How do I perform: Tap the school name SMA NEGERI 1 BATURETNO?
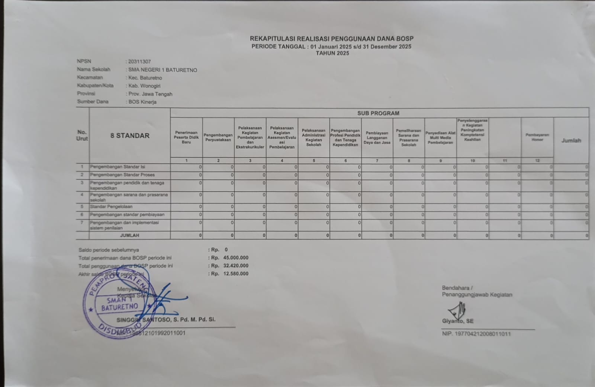[163, 70]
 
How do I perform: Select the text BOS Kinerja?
[142, 102]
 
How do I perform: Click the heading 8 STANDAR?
[130, 136]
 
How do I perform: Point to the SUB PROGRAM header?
[378, 113]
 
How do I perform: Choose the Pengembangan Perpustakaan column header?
[218, 137]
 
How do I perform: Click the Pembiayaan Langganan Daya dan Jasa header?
[377, 138]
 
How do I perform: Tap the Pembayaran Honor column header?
[537, 137]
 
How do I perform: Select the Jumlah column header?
[571, 141]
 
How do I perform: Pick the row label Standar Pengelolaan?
[111, 207]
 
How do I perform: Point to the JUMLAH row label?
[129, 236]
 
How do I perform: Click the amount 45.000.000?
[236, 258]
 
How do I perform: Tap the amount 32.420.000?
[236, 266]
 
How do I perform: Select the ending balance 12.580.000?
[236, 274]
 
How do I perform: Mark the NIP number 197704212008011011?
[483, 334]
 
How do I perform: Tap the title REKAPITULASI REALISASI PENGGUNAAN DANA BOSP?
[331, 39]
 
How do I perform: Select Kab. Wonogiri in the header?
[144, 86]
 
